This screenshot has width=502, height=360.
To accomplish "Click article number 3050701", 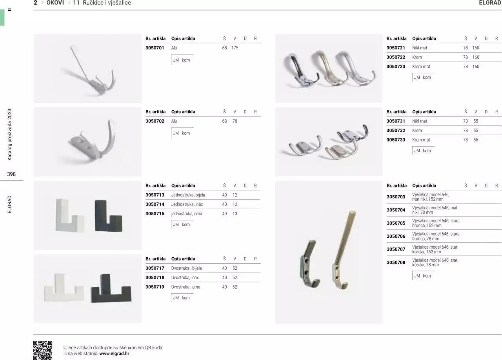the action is coord(155,48).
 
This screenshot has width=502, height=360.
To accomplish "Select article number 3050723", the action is coord(396,67).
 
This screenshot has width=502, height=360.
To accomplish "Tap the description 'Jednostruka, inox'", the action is coord(187,204).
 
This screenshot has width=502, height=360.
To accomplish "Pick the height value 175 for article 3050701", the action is coord(235,48).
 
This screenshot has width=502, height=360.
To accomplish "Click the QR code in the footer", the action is coord(43,350).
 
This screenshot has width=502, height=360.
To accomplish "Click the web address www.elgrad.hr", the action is coord(114,353).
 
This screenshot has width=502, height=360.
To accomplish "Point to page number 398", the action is coord(11,174).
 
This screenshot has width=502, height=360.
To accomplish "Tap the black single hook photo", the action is coord(109,215).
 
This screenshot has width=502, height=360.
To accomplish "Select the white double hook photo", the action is coord(64,287).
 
